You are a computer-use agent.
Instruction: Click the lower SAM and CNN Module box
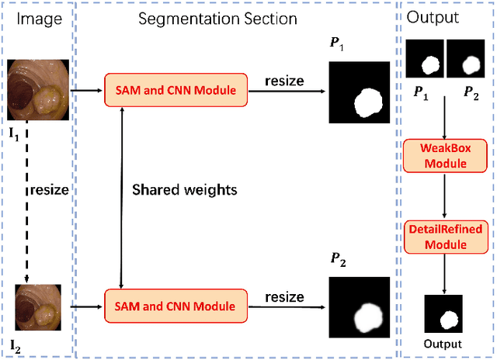[x=175, y=306]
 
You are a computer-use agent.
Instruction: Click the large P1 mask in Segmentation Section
[x=360, y=92]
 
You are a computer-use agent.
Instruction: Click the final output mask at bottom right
[x=443, y=315]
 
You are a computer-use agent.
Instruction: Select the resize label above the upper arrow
[x=285, y=80]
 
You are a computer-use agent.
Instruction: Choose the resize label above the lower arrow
[x=285, y=296]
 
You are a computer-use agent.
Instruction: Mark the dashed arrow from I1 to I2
[x=26, y=202]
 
